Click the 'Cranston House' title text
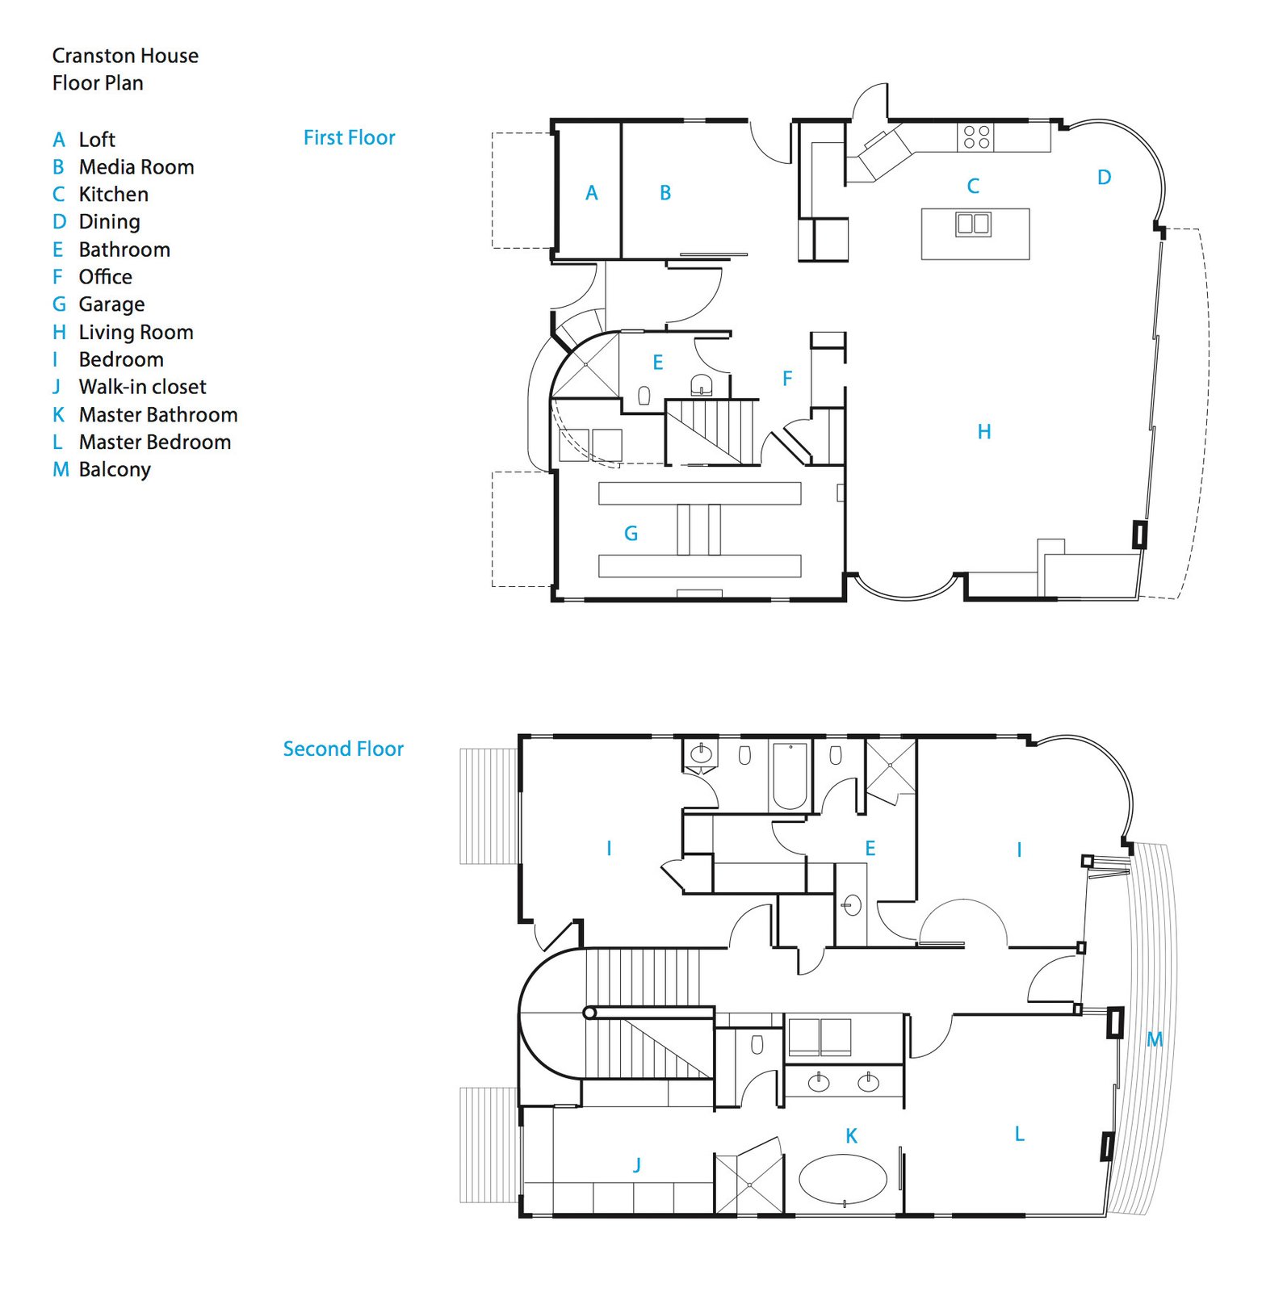tap(125, 56)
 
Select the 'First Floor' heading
tap(350, 137)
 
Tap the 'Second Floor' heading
tap(343, 749)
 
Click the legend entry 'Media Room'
tap(136, 167)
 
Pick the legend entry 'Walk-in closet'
tap(142, 387)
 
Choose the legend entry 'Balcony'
tap(115, 470)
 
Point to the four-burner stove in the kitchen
tap(976, 136)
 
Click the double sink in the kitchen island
tap(973, 224)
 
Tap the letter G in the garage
tap(631, 533)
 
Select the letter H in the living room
tap(984, 432)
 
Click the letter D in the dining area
tap(1105, 177)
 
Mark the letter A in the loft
tap(592, 193)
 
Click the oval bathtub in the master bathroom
tap(843, 1180)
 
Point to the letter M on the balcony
tap(1155, 1039)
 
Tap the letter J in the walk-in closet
tap(637, 1164)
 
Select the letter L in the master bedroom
tap(1020, 1134)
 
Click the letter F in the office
tap(787, 378)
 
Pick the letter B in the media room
tap(665, 193)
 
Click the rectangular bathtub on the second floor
tap(790, 776)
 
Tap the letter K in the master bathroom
tap(851, 1136)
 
